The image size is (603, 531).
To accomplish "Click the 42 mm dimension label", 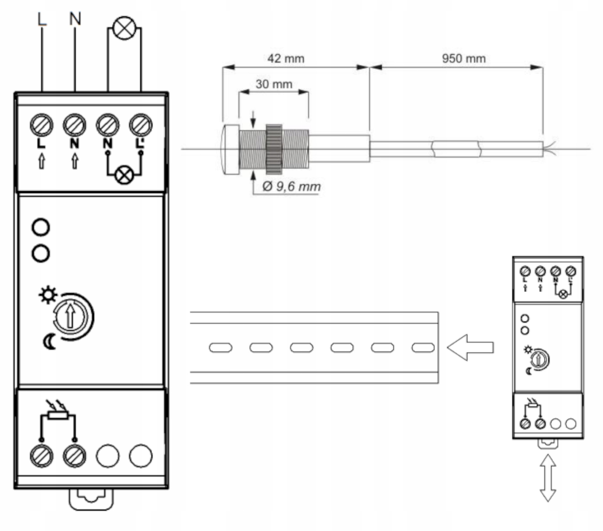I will (x=286, y=59).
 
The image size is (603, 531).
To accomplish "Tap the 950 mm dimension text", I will (x=464, y=59).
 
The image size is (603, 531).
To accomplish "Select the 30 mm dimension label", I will (x=274, y=84).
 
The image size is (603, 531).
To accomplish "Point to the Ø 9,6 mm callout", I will (x=291, y=187).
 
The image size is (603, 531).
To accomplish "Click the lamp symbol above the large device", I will (x=124, y=28).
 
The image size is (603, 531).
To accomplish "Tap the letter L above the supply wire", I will (x=42, y=19).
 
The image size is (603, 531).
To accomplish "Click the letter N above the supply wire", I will (x=75, y=19).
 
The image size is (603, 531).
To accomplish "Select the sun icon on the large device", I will (x=47, y=295).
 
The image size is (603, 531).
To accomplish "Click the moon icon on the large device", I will (x=50, y=342).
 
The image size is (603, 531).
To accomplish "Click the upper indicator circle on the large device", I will (x=41, y=227).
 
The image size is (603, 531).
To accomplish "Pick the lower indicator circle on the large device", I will (x=41, y=254).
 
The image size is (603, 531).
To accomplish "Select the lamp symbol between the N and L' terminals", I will (x=124, y=175).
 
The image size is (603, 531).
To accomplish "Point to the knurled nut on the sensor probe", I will (x=274, y=149).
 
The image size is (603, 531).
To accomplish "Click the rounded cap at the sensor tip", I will (x=231, y=149).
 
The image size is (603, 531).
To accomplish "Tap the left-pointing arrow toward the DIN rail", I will (x=470, y=347).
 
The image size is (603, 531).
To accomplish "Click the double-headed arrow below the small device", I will (x=548, y=478).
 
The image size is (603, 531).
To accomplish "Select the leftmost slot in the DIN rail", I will (x=221, y=348).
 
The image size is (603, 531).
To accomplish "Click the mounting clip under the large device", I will (x=91, y=499).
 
